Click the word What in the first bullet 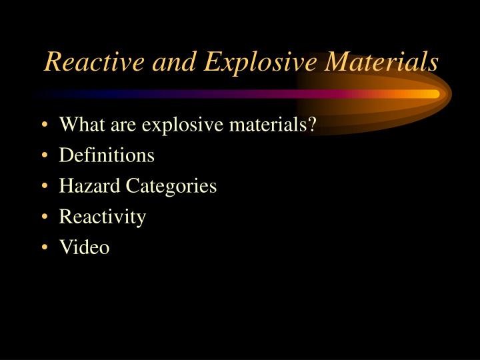click(x=80, y=125)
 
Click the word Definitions click(x=107, y=155)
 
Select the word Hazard click(x=85, y=186)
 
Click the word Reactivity click(x=103, y=217)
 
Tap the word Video click(x=84, y=247)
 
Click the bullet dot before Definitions click(x=44, y=156)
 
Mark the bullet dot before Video click(x=44, y=248)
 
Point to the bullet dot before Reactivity click(x=44, y=217)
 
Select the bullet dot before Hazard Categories click(x=44, y=187)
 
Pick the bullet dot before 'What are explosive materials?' click(x=44, y=125)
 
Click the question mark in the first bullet click(x=311, y=125)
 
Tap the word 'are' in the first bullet click(x=127, y=125)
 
